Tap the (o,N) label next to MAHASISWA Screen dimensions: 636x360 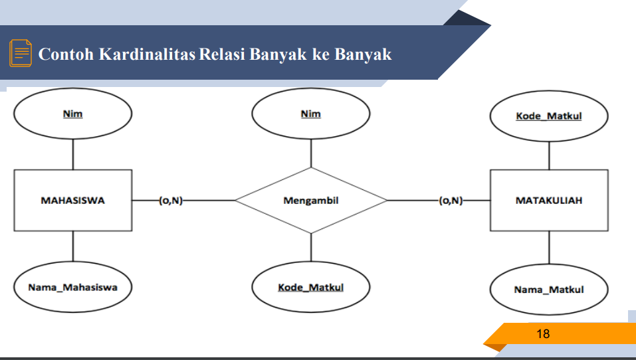click(171, 201)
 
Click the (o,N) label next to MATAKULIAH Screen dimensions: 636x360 click(451, 201)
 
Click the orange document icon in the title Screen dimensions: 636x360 click(21, 53)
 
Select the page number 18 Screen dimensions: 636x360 click(543, 333)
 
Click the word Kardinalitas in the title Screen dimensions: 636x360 click(148, 54)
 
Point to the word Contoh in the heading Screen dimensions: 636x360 click(66, 54)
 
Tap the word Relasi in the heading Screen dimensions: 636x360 click(222, 54)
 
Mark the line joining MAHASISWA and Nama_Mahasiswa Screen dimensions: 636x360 click(73, 246)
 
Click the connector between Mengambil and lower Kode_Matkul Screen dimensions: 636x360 click(311, 248)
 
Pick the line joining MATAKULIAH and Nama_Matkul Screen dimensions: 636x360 click(549, 248)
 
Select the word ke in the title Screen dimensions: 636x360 click(321, 54)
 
